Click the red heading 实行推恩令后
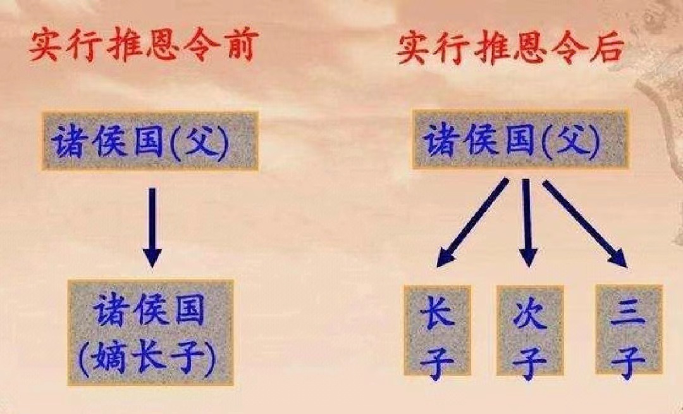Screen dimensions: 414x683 pyautogui.click(x=510, y=48)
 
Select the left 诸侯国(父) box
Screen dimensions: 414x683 pyautogui.click(x=150, y=141)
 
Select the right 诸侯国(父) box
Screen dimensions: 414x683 pyautogui.click(x=520, y=140)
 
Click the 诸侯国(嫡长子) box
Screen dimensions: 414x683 pyautogui.click(x=150, y=332)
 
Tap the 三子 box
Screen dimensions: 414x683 pyautogui.click(x=628, y=330)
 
